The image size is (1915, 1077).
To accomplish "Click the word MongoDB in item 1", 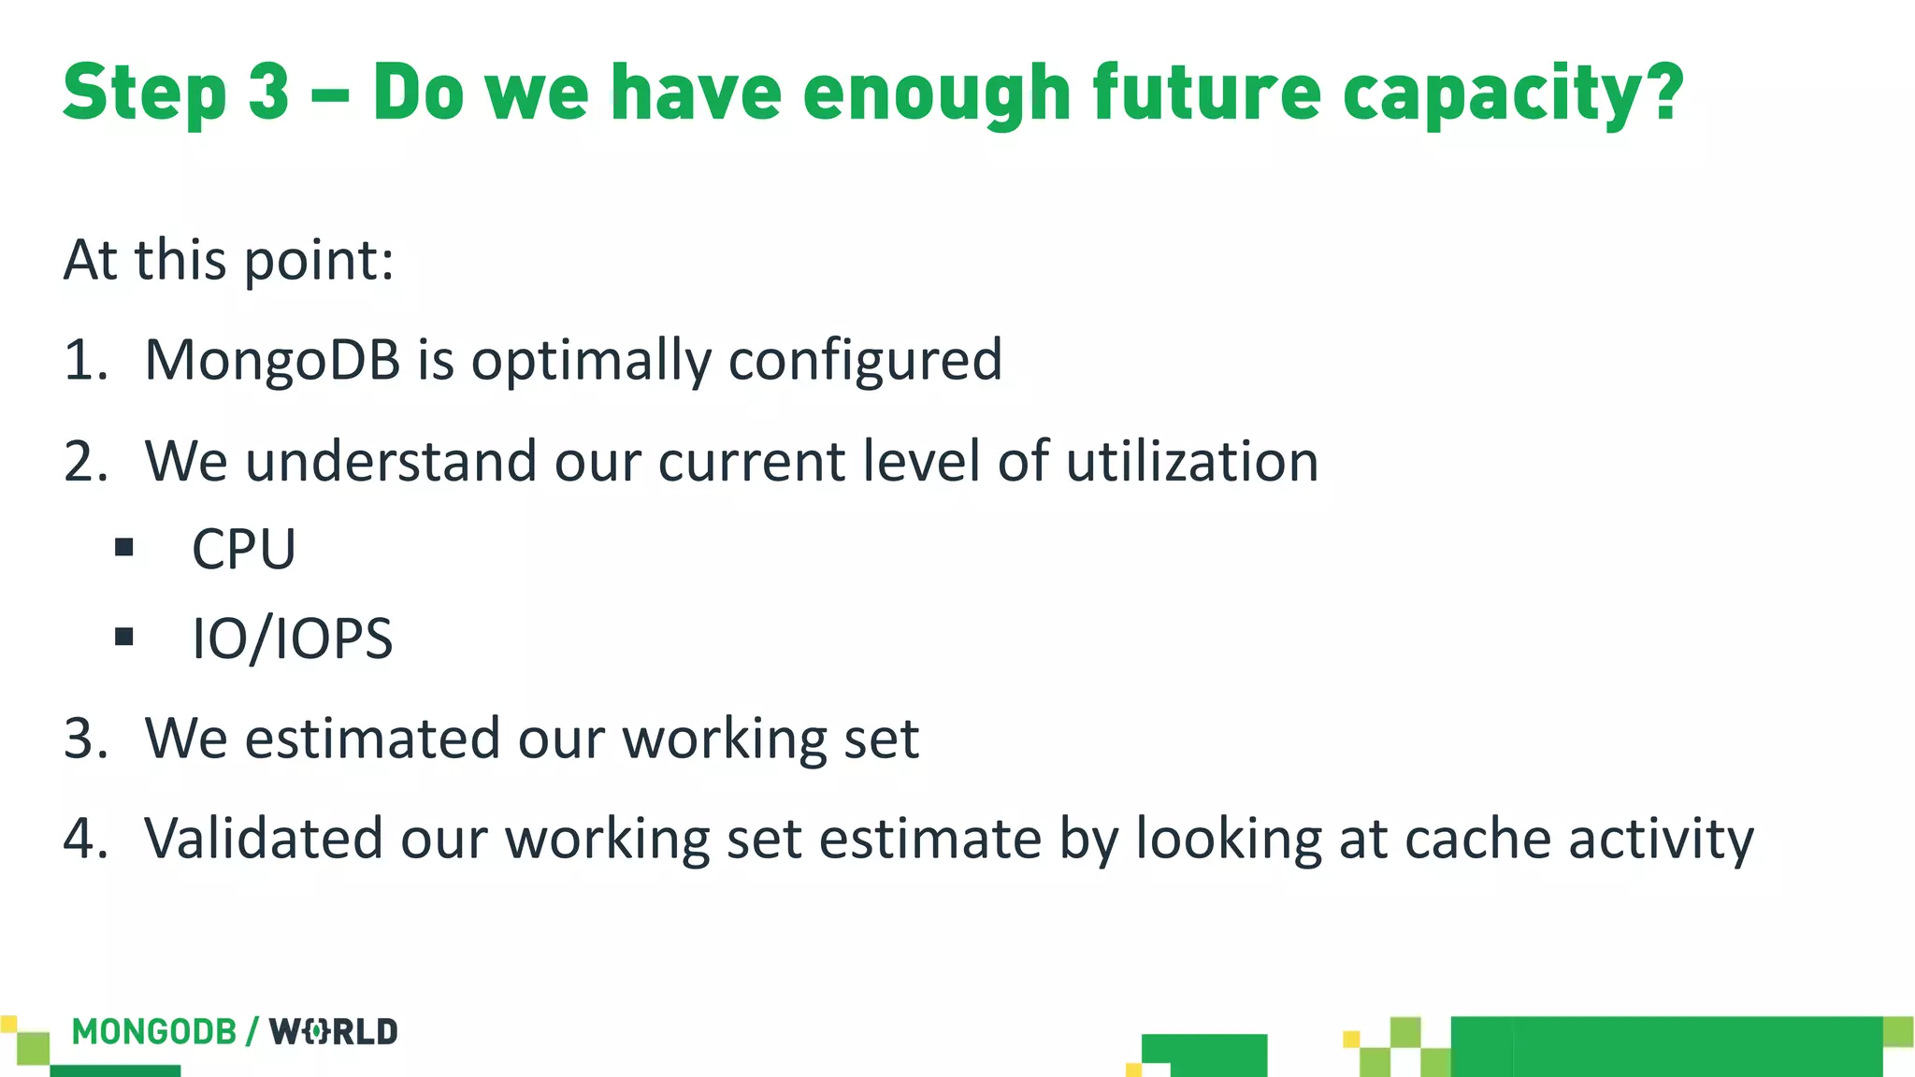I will pyautogui.click(x=272, y=360).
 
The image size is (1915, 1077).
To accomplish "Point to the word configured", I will pyautogui.click(x=865, y=360).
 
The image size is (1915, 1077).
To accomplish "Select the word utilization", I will pyautogui.click(x=1191, y=462).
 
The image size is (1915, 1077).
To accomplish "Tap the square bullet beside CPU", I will pyautogui.click(x=124, y=548).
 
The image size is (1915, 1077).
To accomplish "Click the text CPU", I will pyautogui.click(x=243, y=549).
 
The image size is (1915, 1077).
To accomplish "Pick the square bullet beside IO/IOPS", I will pyautogui.click(x=124, y=638).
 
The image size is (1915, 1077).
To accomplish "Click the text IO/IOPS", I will pyautogui.click(x=292, y=639).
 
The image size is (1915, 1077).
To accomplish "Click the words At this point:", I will pyautogui.click(x=229, y=260).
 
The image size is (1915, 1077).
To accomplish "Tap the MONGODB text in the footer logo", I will pyautogui.click(x=154, y=1032).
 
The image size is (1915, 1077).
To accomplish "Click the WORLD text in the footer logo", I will pyautogui.click(x=334, y=1032).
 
